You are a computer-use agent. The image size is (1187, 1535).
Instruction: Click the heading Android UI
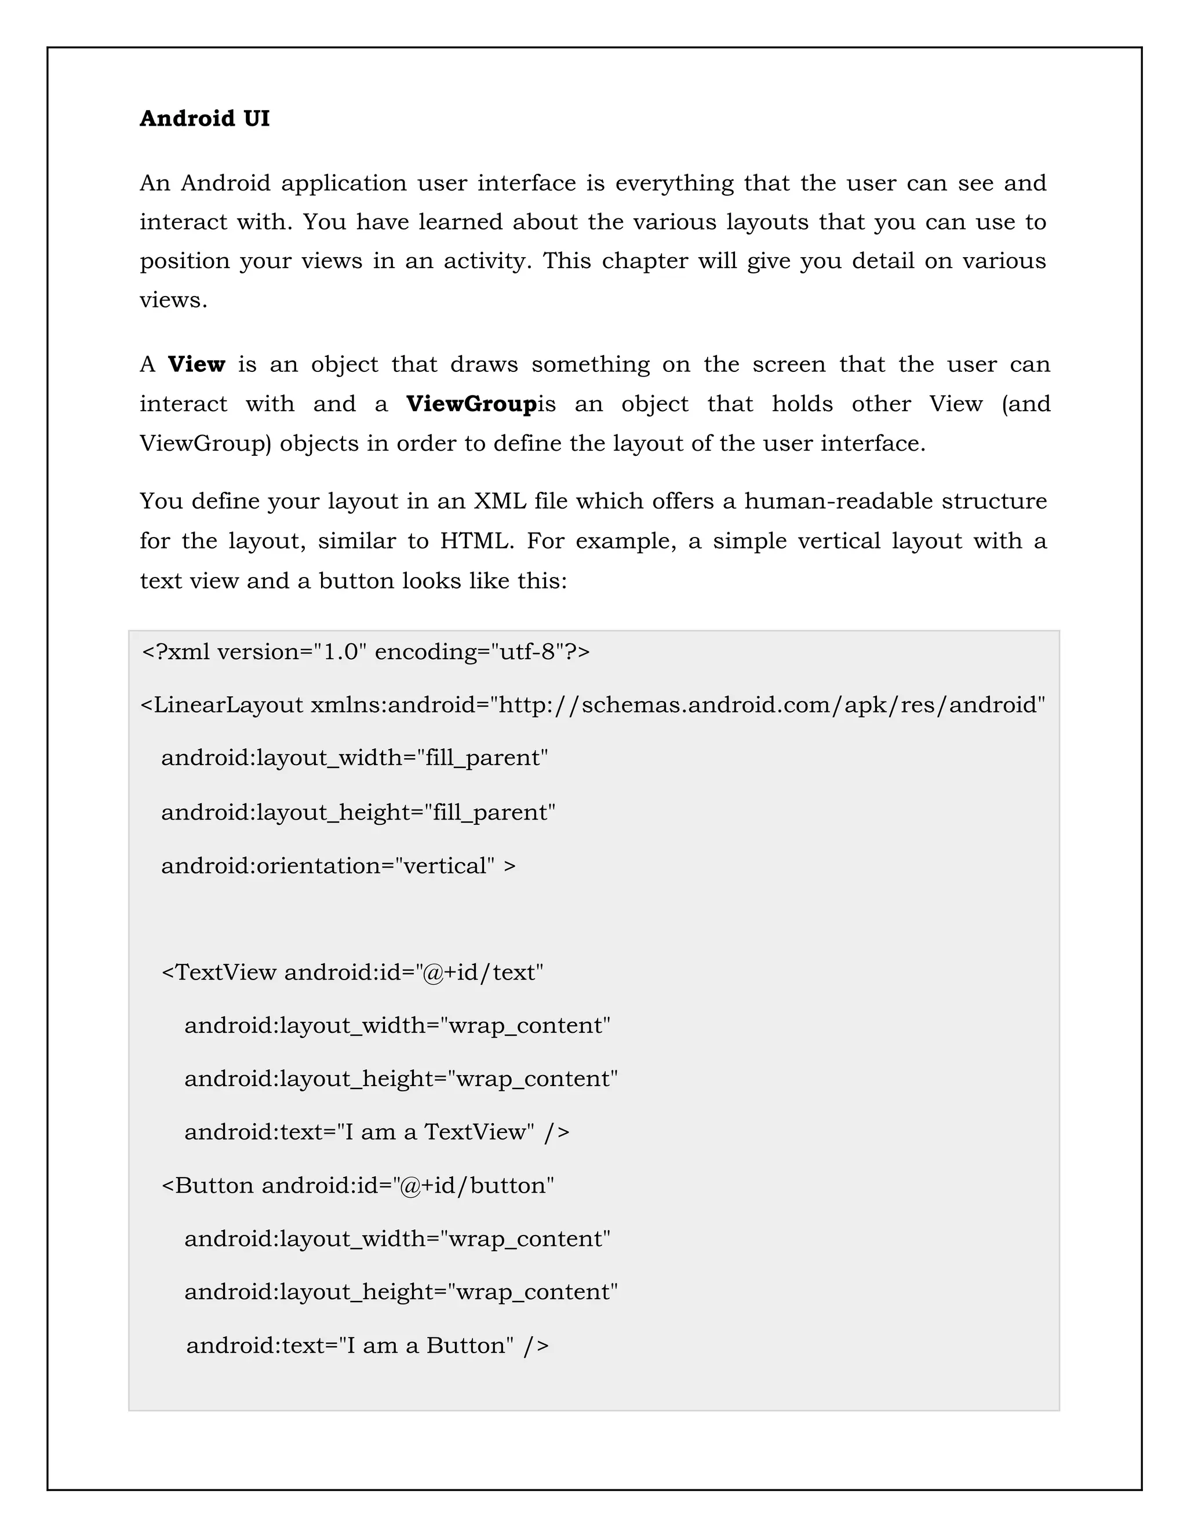tap(204, 118)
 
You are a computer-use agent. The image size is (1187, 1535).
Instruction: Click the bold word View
tap(196, 365)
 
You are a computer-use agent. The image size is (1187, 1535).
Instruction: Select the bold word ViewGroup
tap(471, 404)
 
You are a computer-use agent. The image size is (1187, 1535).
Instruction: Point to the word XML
tap(499, 501)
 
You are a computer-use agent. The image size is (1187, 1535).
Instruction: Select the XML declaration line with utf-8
tap(366, 652)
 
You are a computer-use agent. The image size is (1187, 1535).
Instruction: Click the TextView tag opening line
tap(352, 972)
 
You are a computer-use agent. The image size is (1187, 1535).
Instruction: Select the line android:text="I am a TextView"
tap(377, 1132)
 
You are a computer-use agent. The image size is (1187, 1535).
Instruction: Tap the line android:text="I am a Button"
tap(367, 1345)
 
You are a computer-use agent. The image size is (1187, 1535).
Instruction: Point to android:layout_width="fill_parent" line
tap(354, 758)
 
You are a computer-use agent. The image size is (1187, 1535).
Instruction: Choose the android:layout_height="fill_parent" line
tap(358, 813)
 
